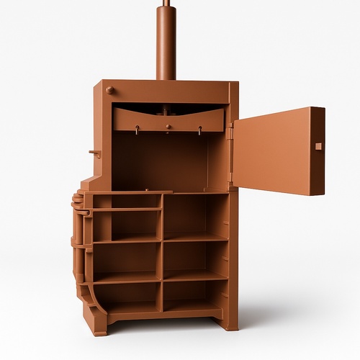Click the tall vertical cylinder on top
coord(166,43)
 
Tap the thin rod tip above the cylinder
coord(166,3)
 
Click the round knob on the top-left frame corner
coord(109,90)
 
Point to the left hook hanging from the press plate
coord(137,130)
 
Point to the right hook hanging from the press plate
coord(199,131)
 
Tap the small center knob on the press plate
coord(168,127)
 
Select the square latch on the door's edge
coord(318,146)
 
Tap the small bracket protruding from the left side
coord(94,153)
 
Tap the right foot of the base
coord(229,321)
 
